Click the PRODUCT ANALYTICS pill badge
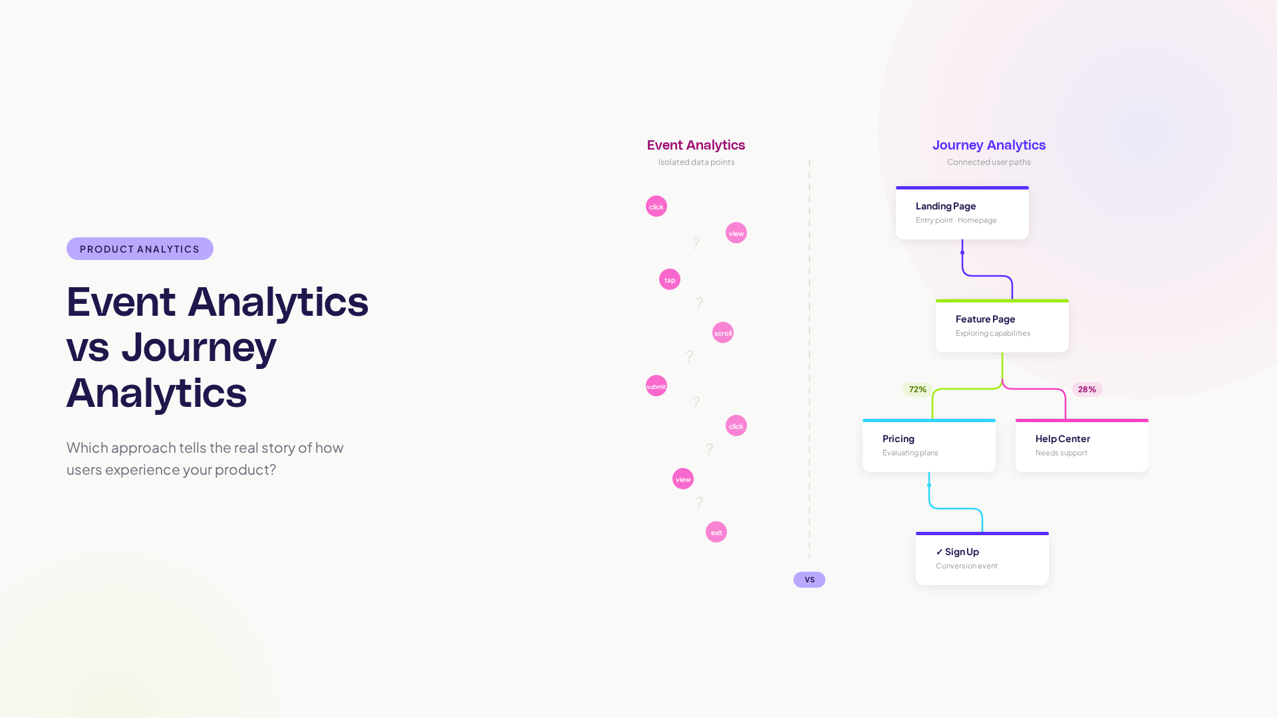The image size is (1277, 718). [x=140, y=249]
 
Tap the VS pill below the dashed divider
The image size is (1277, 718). [x=809, y=580]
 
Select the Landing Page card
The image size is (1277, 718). [x=962, y=213]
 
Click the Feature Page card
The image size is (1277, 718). [x=1002, y=326]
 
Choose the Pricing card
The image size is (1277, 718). [x=928, y=446]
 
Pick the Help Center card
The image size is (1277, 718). [x=1081, y=446]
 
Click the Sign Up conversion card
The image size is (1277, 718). [x=982, y=559]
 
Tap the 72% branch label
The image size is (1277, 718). [x=917, y=390]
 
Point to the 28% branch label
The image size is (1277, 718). [x=1087, y=390]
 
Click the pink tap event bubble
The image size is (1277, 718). [x=670, y=279]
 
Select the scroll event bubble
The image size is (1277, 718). [x=723, y=332]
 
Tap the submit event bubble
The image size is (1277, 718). [x=656, y=386]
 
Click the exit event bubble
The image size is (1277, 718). [x=716, y=532]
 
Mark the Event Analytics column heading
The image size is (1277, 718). [x=696, y=145]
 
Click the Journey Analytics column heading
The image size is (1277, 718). [x=988, y=145]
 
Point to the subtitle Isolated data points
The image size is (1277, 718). [x=696, y=162]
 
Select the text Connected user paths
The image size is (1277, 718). [x=988, y=162]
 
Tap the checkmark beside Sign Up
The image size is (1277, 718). [x=939, y=552]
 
